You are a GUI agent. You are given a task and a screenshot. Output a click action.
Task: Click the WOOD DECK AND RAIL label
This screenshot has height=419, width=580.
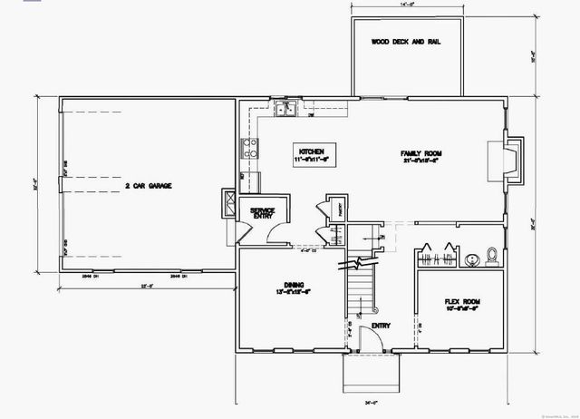tap(406, 43)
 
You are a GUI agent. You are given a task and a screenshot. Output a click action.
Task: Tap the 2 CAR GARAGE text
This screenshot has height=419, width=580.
tap(149, 186)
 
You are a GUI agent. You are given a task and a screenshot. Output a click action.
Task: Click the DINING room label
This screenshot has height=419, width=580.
tap(293, 288)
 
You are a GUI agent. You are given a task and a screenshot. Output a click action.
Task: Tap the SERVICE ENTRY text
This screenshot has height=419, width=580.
tap(263, 214)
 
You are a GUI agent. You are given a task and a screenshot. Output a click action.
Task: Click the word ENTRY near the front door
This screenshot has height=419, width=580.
tap(381, 324)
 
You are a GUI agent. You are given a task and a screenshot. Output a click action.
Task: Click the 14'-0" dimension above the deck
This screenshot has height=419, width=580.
tap(406, 5)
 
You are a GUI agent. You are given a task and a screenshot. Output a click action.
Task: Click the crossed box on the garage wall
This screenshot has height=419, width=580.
tap(229, 203)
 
